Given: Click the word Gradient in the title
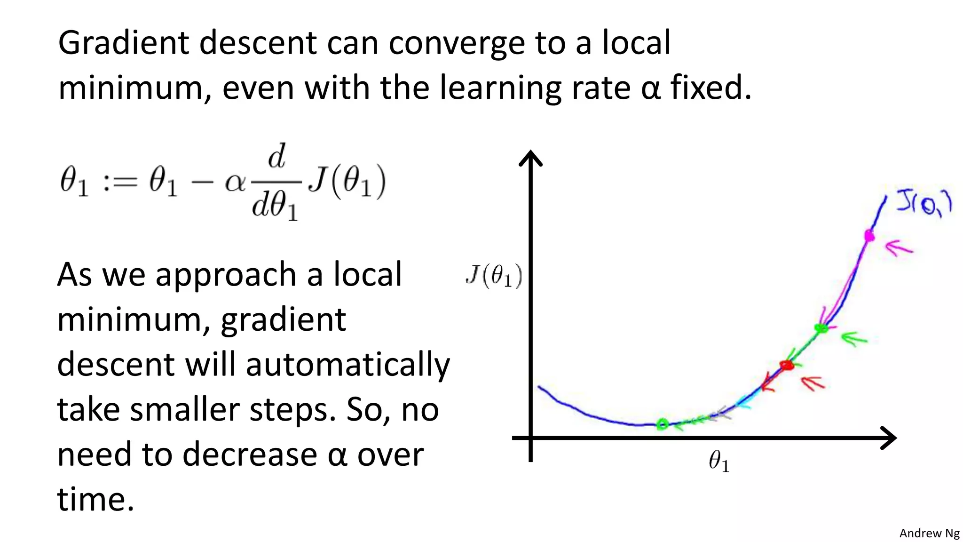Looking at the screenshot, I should coord(123,43).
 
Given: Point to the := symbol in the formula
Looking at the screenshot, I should coord(119,183).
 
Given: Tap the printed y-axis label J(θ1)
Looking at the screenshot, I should coord(494,276).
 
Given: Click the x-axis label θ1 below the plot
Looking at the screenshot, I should coord(719,461).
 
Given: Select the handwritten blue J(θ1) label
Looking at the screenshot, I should coord(924,204).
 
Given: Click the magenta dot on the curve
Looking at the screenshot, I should coord(869,235).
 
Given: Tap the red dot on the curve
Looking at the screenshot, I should coord(786,365).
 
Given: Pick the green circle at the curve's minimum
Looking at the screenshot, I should coord(662,424).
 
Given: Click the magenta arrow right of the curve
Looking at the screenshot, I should coord(899,247).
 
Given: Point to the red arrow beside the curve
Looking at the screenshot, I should coord(813,383).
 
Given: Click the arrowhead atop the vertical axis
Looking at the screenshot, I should coord(530,158).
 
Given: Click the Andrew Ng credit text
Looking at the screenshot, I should coord(929,533).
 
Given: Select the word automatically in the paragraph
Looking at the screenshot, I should coord(347,365).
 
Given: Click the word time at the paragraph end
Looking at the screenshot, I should coord(95,500).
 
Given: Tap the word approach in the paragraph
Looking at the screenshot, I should coord(226,275).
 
